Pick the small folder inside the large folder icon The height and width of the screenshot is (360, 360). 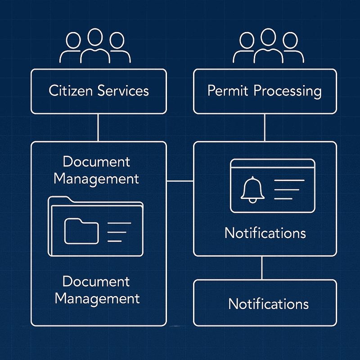81,231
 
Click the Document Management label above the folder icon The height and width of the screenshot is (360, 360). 96,170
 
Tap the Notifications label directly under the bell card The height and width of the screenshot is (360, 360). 265,233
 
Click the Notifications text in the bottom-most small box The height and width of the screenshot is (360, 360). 269,303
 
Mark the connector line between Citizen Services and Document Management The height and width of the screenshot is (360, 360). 98,128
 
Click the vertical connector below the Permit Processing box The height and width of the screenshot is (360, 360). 265,128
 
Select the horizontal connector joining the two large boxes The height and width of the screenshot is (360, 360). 180,181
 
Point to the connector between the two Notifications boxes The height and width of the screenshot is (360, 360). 262,268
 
